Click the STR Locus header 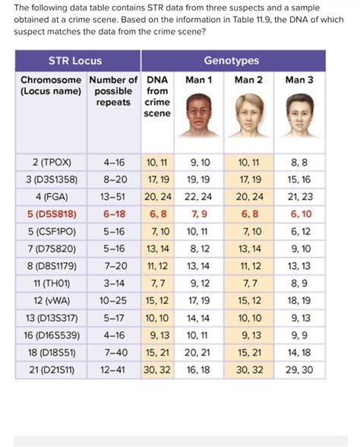(75, 60)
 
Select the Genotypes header (231, 60)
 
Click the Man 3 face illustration (300, 116)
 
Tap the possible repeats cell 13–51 (113, 197)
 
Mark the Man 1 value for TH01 (201, 284)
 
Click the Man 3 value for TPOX (300, 163)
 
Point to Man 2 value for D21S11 (249, 369)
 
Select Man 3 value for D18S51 (300, 353)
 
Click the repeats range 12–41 (113, 369)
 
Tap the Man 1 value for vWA (201, 301)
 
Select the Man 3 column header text (300, 79)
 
